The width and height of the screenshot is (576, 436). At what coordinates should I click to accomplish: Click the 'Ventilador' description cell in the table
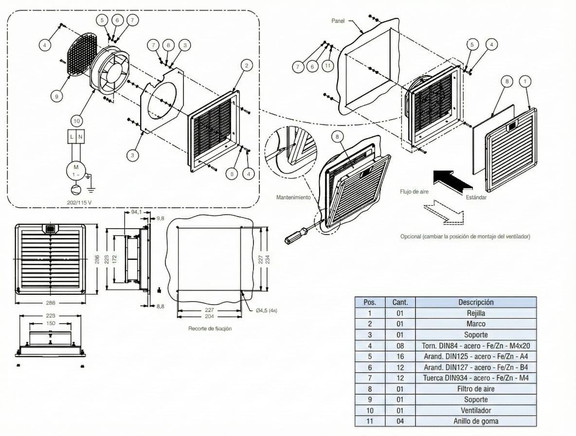475,410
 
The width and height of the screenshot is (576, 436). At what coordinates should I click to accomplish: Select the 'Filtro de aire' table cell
475,389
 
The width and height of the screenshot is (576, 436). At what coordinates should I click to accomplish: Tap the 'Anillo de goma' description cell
475,421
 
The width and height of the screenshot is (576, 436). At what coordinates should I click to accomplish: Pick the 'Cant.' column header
399,302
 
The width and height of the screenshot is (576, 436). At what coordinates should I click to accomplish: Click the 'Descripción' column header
475,302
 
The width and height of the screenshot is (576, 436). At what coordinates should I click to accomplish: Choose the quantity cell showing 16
399,356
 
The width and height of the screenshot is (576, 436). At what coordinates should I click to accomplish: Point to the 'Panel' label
338,21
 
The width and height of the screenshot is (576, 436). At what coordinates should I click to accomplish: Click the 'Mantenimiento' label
293,198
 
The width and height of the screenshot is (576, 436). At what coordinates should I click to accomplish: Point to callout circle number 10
76,120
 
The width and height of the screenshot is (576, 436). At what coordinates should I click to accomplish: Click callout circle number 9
56,96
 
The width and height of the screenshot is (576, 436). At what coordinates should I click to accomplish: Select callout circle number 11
328,66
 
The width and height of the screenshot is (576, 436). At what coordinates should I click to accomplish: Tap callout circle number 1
525,81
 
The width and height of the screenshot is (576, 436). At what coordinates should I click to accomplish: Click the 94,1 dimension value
137,212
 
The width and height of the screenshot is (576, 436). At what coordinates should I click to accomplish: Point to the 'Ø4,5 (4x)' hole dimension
266,310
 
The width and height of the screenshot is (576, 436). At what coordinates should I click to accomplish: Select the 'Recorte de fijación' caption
210,328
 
